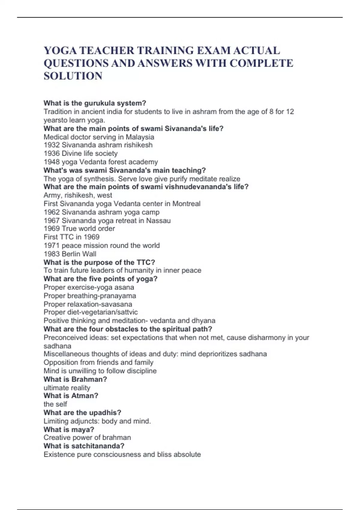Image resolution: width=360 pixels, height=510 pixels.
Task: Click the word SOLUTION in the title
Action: point(73,76)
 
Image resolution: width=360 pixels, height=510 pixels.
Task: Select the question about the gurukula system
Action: point(95,103)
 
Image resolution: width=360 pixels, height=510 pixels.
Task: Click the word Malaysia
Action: point(140,137)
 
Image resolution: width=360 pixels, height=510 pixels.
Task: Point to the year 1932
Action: point(52,145)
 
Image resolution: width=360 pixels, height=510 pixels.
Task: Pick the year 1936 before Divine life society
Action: point(52,153)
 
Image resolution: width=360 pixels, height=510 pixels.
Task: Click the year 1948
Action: point(52,162)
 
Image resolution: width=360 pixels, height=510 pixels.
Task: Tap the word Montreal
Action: point(186,204)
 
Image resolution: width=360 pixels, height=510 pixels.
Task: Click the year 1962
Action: point(52,212)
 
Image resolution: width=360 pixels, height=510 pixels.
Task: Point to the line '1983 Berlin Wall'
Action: point(70,254)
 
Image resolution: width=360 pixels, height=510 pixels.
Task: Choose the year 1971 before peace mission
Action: point(52,245)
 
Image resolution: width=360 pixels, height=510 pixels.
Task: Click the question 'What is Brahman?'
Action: point(75,379)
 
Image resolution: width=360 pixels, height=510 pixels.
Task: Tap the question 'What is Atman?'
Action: point(71,396)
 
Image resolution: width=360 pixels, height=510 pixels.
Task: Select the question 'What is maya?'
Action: point(69,429)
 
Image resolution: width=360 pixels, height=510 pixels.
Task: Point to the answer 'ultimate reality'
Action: point(67,388)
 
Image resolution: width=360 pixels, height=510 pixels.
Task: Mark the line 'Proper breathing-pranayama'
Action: point(90,296)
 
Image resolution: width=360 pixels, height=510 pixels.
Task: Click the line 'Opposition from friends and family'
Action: point(98,362)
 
